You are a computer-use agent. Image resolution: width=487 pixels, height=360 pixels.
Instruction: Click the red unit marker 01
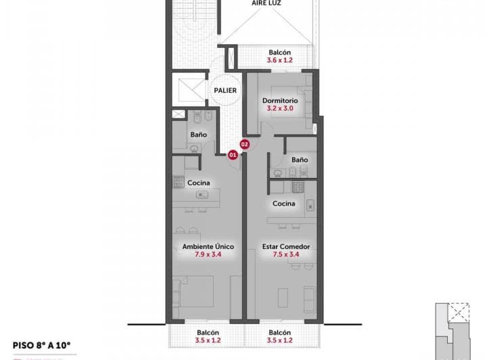pos(232,154)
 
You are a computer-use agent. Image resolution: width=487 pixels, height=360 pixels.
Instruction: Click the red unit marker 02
pos(245,144)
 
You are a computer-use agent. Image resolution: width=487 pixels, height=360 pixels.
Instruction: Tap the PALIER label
pos(225,90)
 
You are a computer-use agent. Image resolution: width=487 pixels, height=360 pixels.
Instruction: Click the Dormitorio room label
pos(279,101)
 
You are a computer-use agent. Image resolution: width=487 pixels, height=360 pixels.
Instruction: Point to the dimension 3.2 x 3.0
pos(279,108)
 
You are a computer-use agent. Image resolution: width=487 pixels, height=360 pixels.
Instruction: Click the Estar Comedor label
pos(286,247)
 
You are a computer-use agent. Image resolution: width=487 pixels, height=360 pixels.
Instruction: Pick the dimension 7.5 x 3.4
pos(286,255)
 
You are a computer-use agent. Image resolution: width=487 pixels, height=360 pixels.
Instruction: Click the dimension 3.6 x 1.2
pos(279,60)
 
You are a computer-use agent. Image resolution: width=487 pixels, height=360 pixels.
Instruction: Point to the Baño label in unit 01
pos(198,135)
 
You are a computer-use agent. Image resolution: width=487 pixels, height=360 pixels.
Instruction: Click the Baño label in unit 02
pos(300,160)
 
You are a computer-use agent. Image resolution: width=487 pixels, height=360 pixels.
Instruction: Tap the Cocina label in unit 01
pos(198,183)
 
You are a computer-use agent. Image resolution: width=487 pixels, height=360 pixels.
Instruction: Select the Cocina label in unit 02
pos(283,204)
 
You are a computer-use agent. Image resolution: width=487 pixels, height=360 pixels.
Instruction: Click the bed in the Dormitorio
pos(291,102)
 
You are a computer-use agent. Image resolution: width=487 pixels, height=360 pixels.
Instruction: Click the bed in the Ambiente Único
pos(196,292)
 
